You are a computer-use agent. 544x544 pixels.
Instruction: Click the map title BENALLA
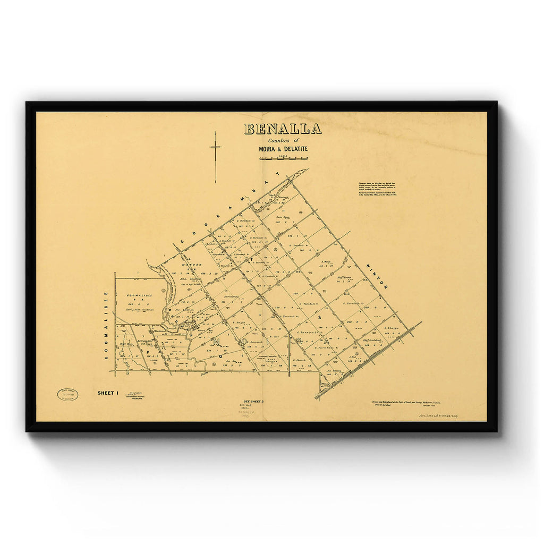[x=283, y=129]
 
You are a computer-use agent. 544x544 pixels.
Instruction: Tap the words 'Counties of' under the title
[x=283, y=140]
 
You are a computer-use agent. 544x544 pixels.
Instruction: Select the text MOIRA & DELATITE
[x=283, y=149]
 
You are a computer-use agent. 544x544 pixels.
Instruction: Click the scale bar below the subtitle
[x=283, y=158]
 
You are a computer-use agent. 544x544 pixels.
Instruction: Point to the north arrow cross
[x=215, y=148]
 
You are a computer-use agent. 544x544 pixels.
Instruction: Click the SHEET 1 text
[x=108, y=393]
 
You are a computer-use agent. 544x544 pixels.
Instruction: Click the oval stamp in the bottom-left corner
[x=67, y=395]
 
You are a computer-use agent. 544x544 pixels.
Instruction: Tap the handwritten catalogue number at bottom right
[x=438, y=416]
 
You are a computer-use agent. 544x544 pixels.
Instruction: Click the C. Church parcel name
[x=300, y=360]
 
